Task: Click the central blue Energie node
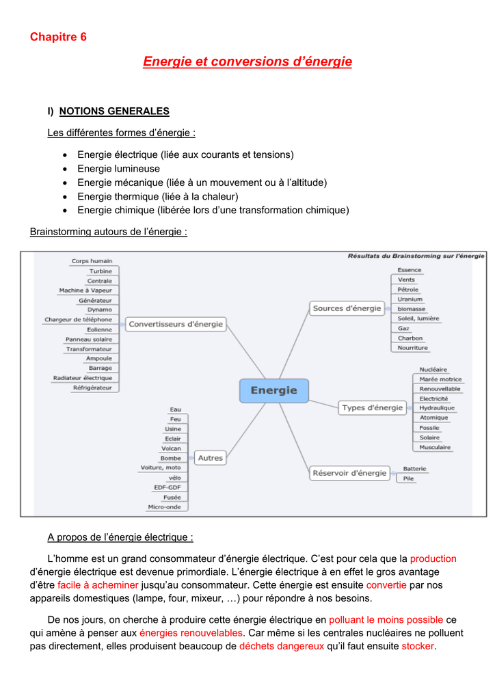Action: click(x=274, y=390)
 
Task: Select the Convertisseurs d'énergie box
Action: click(x=176, y=324)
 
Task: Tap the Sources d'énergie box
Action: click(x=347, y=308)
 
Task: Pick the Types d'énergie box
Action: click(x=372, y=407)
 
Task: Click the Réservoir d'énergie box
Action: click(x=349, y=473)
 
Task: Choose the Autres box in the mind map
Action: click(x=210, y=458)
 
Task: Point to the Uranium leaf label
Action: click(x=410, y=299)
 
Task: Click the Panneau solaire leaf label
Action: click(x=89, y=339)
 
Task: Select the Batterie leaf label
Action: click(x=414, y=469)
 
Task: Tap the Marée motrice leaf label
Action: click(x=440, y=379)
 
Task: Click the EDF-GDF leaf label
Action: click(x=168, y=487)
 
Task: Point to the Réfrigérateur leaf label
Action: click(x=92, y=388)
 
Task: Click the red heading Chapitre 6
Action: click(x=58, y=37)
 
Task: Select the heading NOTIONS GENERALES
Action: click(x=114, y=111)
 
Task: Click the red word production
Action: click(x=433, y=559)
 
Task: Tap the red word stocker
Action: click(x=418, y=646)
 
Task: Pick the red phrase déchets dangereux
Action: click(x=282, y=646)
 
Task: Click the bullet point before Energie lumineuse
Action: click(x=65, y=170)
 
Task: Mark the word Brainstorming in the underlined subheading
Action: click(x=61, y=232)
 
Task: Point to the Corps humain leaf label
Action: click(x=92, y=261)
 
